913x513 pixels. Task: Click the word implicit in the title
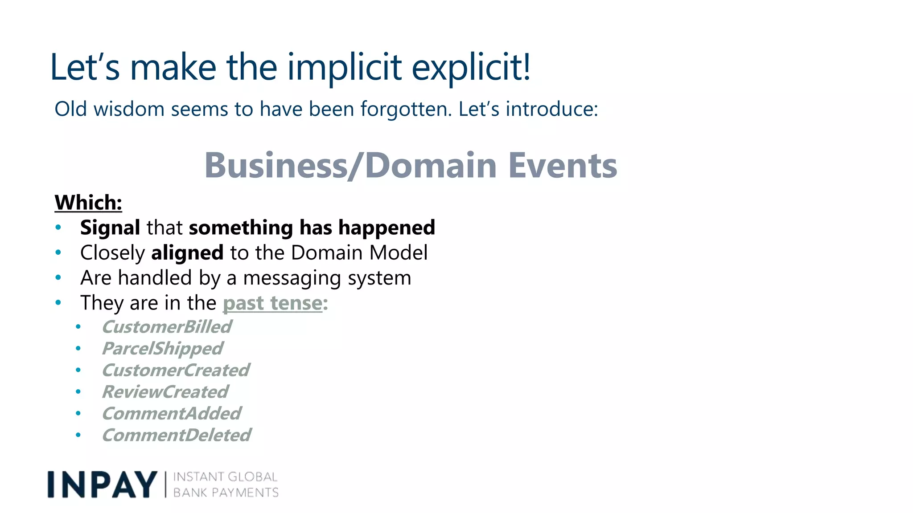point(344,67)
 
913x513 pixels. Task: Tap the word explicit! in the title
point(471,67)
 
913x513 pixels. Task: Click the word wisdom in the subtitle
point(129,109)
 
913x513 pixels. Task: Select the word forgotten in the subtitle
point(406,109)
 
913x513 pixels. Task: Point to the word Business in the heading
point(276,165)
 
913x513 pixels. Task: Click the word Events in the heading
point(563,165)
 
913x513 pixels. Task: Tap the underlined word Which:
point(88,203)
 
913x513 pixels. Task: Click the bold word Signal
point(110,228)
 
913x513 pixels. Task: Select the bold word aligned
point(187,253)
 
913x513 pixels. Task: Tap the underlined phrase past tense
point(272,303)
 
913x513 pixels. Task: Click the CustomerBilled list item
point(167,327)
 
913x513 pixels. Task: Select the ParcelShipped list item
point(162,349)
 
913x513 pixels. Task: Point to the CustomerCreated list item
point(176,370)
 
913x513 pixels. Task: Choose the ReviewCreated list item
point(165,392)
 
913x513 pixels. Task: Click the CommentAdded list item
point(172,414)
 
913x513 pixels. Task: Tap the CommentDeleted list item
point(177,435)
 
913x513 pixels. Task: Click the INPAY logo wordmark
point(102,484)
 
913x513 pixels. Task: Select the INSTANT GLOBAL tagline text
point(225,477)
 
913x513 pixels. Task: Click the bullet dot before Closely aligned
point(58,252)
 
